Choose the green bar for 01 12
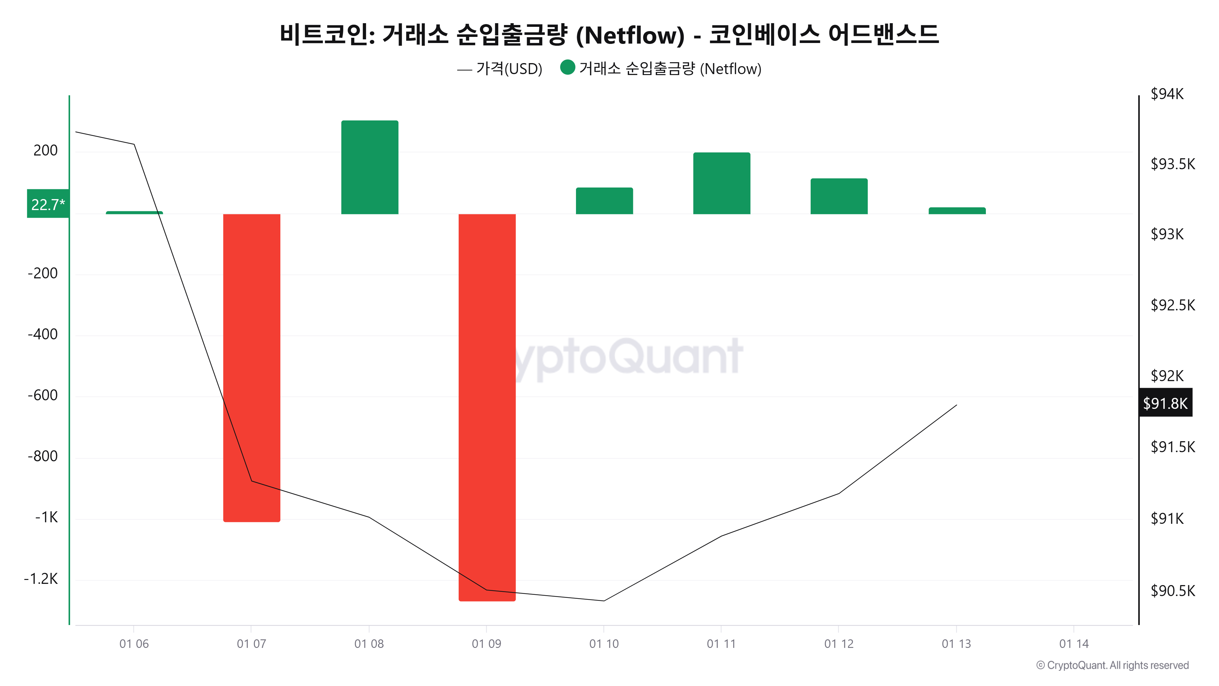coord(839,196)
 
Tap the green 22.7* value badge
coord(48,204)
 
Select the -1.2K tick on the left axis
coord(41,579)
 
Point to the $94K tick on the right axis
coord(1167,94)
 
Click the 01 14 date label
coord(1073,643)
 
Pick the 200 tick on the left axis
coord(45,151)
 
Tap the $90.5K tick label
coord(1172,590)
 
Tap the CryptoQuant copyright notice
coord(1112,665)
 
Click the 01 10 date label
coord(604,643)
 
